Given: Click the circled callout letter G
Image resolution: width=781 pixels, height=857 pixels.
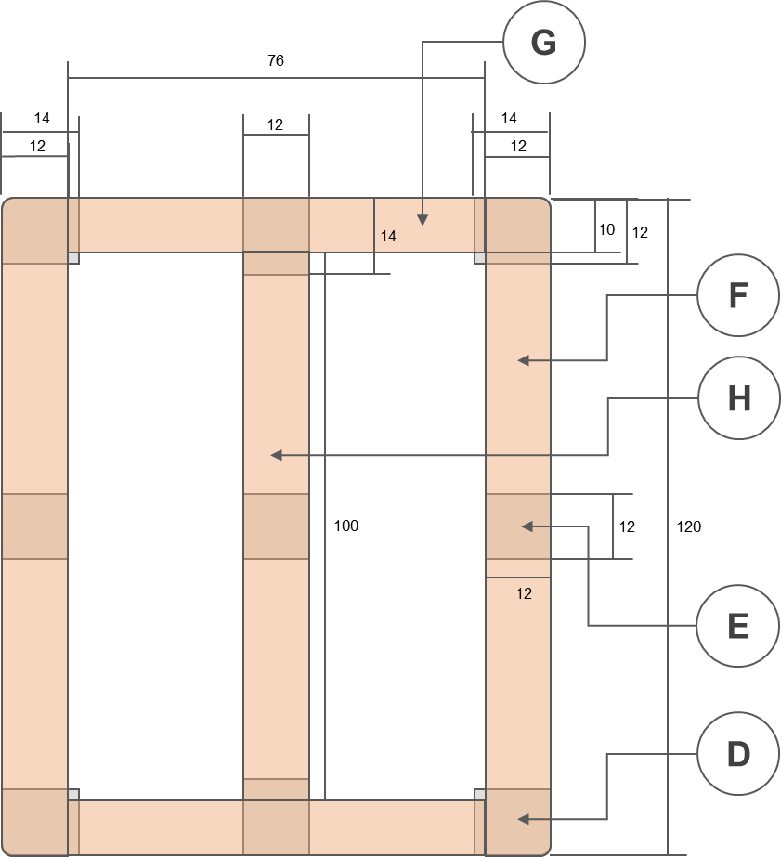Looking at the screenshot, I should [x=544, y=43].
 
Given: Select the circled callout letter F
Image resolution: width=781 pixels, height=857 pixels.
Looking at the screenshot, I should [x=738, y=296].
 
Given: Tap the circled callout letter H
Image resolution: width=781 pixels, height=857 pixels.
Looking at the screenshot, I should [x=738, y=398].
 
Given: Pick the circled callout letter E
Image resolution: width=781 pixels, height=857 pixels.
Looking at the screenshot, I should [x=738, y=627].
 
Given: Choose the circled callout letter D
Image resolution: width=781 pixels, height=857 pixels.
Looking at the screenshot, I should [x=738, y=754].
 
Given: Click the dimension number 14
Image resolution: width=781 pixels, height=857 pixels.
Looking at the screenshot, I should [x=388, y=237].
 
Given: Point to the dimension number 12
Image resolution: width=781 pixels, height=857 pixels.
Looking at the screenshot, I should [x=524, y=594].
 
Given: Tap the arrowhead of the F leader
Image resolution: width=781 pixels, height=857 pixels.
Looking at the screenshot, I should [x=522, y=360].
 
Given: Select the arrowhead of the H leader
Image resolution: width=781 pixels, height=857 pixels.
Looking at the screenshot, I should [x=275, y=455].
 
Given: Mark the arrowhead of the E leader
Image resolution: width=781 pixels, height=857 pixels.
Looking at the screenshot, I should [x=526, y=526].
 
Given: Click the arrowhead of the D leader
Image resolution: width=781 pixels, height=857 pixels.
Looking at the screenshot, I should [x=522, y=819].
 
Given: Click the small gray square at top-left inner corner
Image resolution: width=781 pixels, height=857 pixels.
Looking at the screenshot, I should [x=73, y=258].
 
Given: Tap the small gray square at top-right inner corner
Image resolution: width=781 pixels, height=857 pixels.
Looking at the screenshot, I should [x=480, y=258].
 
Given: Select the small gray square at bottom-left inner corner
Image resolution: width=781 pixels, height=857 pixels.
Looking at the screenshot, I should [x=73, y=795].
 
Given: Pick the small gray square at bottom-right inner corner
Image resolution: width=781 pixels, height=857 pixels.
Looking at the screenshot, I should [x=480, y=795].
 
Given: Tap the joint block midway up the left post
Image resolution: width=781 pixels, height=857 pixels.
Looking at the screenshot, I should [x=34, y=526].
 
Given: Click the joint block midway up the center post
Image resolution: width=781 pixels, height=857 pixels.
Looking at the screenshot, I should [x=276, y=526].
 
